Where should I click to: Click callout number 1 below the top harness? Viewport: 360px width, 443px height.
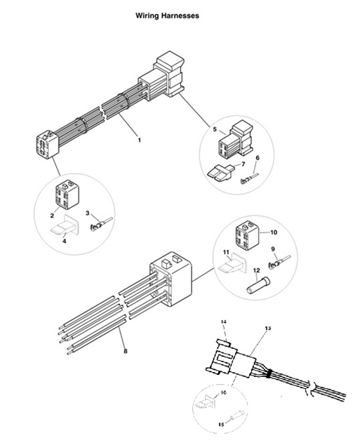pos(139,140)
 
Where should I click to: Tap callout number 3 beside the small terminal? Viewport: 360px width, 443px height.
pos(88,213)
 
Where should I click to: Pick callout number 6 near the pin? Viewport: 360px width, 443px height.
pos(257,159)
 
